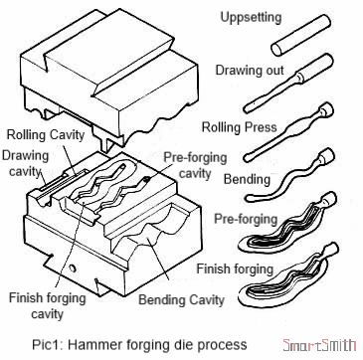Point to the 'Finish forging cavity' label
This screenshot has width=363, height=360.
click(x=40, y=304)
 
